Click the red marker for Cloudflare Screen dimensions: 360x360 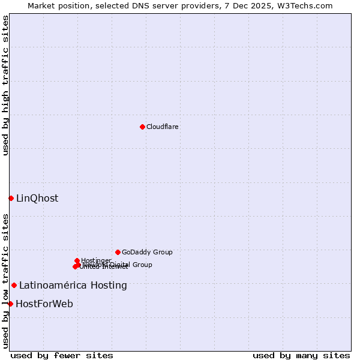(x=142, y=127)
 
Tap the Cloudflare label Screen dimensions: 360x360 (x=163, y=127)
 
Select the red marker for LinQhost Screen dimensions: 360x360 (x=11, y=198)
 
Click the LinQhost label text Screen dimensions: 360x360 (x=37, y=199)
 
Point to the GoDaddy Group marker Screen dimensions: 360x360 (x=118, y=252)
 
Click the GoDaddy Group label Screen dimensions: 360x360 (x=147, y=252)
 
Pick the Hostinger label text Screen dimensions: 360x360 (x=96, y=260)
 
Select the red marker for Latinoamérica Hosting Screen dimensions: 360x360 (x=14, y=285)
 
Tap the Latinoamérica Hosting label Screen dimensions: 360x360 (x=73, y=286)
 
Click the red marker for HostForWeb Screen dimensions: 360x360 (x=10, y=304)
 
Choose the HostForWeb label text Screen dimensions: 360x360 (x=44, y=304)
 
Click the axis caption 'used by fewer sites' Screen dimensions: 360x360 (x=62, y=355)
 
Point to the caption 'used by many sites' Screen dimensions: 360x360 (x=301, y=355)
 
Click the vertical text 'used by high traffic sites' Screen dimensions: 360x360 (x=5, y=85)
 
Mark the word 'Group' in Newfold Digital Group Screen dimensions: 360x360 (x=142, y=265)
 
